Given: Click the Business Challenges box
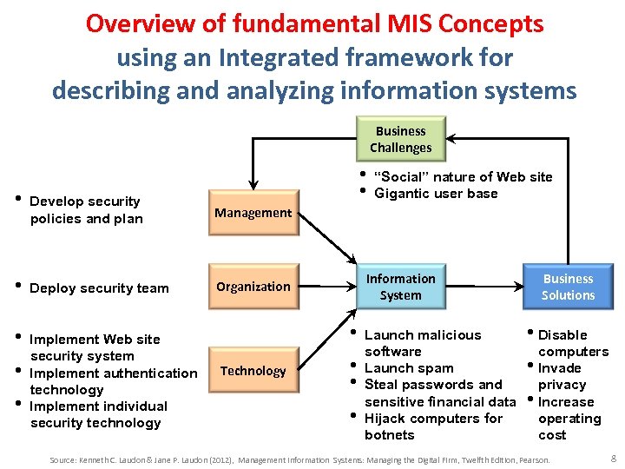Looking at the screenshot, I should (400, 139).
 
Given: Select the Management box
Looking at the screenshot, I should (253, 212).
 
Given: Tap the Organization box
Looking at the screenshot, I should (253, 286).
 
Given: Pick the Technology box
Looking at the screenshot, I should (253, 371).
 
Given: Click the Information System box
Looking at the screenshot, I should (400, 287).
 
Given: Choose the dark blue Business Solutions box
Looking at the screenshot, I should (568, 287).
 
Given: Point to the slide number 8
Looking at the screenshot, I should (613, 457).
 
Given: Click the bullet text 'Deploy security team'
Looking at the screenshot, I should (99, 288).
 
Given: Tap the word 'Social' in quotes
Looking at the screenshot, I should (405, 177).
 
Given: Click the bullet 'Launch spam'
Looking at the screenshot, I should (408, 368).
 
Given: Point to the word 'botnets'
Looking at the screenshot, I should (390, 434).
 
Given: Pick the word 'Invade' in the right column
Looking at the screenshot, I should (560, 368).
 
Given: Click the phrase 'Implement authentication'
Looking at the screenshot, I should (114, 373).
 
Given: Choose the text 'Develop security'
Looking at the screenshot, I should (85, 201).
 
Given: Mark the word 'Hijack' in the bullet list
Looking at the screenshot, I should (386, 418).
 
